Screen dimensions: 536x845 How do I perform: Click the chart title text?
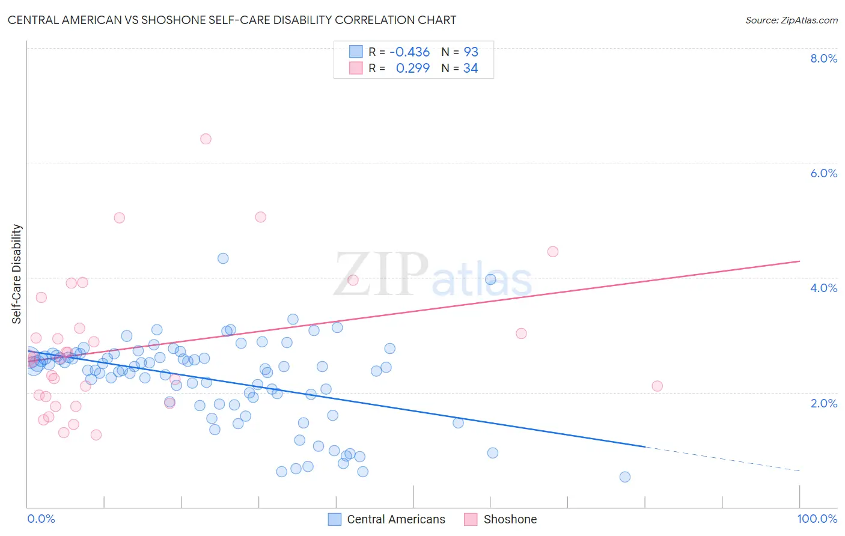[x=232, y=20]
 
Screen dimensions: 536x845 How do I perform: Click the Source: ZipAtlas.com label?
[x=791, y=20]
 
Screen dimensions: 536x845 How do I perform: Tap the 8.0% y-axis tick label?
[x=823, y=58]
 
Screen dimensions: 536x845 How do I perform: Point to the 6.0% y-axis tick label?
[x=823, y=173]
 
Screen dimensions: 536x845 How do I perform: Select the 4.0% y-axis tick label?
[x=823, y=288]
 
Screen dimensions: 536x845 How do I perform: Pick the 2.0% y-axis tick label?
[x=823, y=403]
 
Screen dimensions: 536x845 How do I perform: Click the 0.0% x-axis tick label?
[x=41, y=519]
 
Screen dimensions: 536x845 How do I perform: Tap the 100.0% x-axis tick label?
[x=817, y=519]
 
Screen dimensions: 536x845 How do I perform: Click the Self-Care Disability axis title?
[x=17, y=274]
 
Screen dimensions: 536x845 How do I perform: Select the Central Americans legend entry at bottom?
[x=395, y=519]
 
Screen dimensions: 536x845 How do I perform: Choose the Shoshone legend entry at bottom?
[x=510, y=519]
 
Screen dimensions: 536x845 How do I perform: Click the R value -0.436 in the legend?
[x=409, y=52]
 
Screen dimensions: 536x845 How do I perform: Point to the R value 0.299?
[x=412, y=69]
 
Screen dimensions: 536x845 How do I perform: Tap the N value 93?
[x=471, y=52]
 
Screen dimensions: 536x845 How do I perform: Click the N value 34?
[x=471, y=69]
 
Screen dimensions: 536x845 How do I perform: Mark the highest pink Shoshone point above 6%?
[x=206, y=139]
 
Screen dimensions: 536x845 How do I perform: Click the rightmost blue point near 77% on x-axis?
[x=625, y=477]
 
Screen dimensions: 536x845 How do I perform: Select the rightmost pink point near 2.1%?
[x=657, y=386]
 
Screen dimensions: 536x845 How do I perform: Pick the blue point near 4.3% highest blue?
[x=223, y=258]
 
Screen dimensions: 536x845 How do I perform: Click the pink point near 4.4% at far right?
[x=553, y=252]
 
